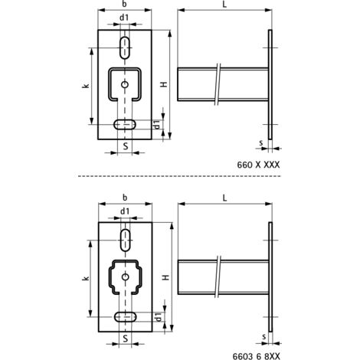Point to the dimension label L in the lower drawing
223,197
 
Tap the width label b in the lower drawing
123,197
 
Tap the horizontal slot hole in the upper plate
124,124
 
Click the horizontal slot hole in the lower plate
124,316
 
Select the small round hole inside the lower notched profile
124,277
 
